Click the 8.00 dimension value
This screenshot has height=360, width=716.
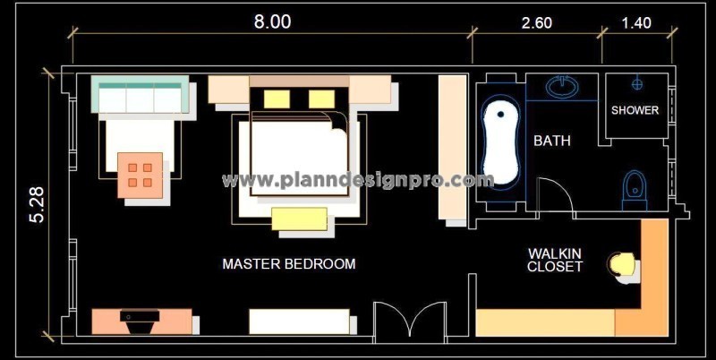tap(272, 22)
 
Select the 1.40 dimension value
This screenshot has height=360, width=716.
tap(636, 22)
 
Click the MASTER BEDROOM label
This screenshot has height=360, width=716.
tap(288, 264)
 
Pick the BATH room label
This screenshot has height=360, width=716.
tap(552, 141)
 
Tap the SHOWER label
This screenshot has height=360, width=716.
tap(635, 111)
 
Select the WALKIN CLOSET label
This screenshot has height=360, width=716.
tap(555, 261)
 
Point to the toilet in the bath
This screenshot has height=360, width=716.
tap(635, 189)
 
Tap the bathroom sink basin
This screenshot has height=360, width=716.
tap(562, 88)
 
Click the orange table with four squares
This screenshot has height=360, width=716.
tap(141, 174)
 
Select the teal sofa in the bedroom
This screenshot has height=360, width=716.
tap(140, 98)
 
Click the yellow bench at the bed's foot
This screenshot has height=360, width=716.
tap(299, 219)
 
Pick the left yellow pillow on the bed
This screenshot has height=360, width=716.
tap(277, 98)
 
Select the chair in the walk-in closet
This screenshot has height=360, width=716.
tap(623, 264)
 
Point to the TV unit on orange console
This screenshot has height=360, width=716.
tap(141, 321)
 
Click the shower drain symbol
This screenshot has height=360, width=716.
tap(637, 84)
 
